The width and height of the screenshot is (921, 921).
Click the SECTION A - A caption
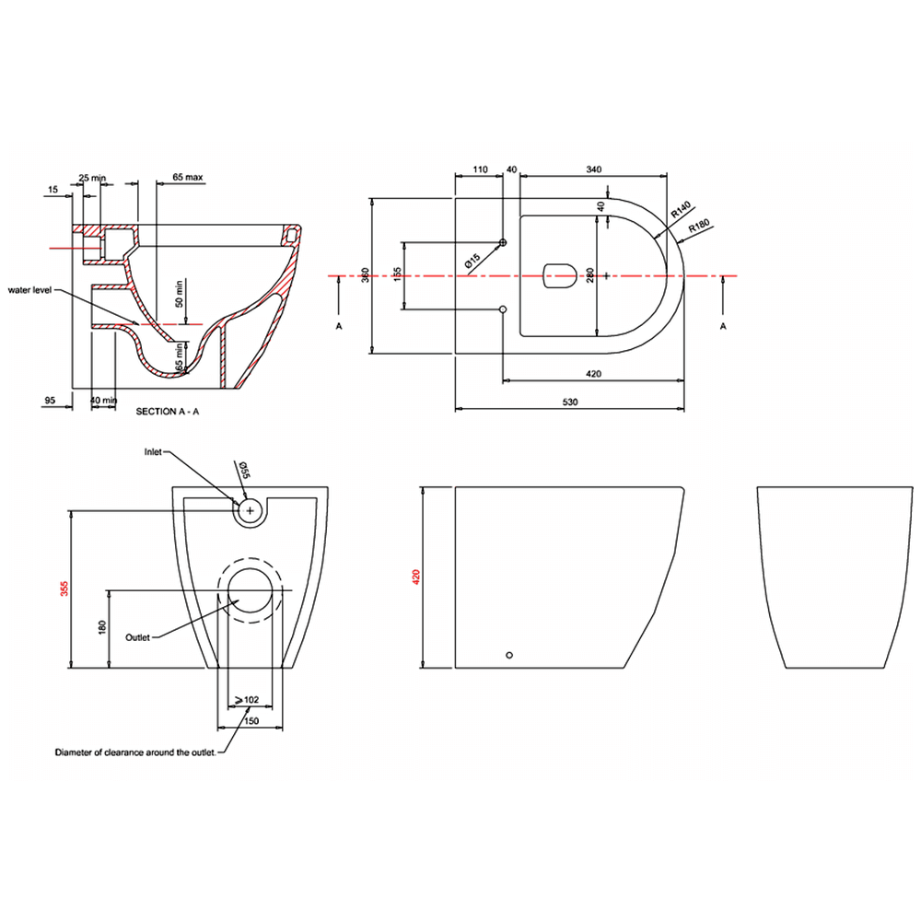(168, 412)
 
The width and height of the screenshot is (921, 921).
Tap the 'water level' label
(30, 289)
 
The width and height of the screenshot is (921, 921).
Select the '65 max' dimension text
(187, 175)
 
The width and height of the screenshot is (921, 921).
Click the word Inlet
(154, 452)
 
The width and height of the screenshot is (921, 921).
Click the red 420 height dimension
(415, 577)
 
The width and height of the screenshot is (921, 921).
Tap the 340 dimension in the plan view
(593, 169)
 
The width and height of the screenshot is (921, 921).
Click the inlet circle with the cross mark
(249, 509)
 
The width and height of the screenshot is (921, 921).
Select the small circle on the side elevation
(510, 655)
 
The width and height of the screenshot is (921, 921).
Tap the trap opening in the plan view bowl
(559, 275)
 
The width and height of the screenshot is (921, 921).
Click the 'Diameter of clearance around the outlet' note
(135, 752)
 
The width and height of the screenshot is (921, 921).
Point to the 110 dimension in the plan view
(479, 169)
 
